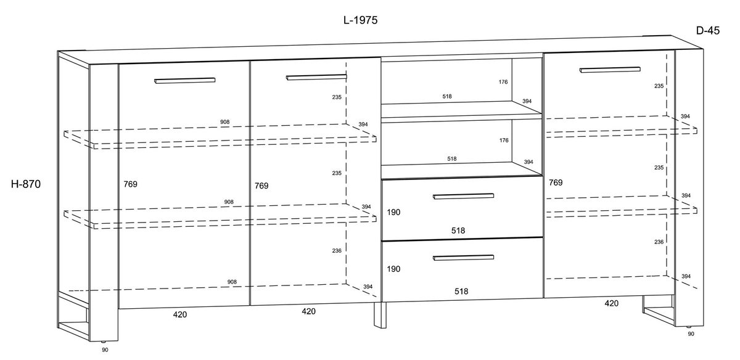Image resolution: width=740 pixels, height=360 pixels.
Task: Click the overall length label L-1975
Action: pyautogui.click(x=360, y=20)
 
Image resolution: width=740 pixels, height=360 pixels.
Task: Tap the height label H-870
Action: pyautogui.click(x=26, y=184)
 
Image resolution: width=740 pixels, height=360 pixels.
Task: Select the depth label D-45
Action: pyautogui.click(x=708, y=30)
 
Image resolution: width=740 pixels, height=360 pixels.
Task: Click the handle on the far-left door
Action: pyautogui.click(x=184, y=81)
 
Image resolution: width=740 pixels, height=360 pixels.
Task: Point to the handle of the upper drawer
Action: pyautogui.click(x=464, y=196)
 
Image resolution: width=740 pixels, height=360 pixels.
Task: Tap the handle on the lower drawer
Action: pyautogui.click(x=464, y=258)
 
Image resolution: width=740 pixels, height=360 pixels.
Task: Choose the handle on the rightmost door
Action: pyautogui.click(x=610, y=70)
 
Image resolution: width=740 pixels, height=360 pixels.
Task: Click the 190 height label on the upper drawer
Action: pyautogui.click(x=393, y=213)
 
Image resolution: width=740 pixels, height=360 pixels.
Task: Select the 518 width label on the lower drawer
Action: pyautogui.click(x=461, y=292)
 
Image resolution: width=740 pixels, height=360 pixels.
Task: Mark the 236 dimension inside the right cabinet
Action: pyautogui.click(x=659, y=242)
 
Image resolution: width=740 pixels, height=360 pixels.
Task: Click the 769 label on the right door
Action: pyautogui.click(x=556, y=182)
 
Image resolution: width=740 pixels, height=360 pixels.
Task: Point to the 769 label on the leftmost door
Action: pyautogui.click(x=131, y=184)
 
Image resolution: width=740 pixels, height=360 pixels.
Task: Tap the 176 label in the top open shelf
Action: pyautogui.click(x=503, y=82)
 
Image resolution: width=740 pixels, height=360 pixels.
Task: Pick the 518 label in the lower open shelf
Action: pyautogui.click(x=452, y=159)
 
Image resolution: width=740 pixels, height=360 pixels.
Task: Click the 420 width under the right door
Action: pyautogui.click(x=612, y=303)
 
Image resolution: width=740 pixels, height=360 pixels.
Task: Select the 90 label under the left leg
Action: pyautogui.click(x=105, y=350)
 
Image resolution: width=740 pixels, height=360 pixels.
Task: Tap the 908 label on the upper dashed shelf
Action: pyautogui.click(x=224, y=122)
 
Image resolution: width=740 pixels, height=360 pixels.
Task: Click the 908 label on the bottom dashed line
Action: pyautogui.click(x=232, y=282)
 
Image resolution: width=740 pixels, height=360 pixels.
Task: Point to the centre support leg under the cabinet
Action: pyautogui.click(x=380, y=315)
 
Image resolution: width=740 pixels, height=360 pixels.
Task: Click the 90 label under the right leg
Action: pyautogui.click(x=691, y=334)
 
